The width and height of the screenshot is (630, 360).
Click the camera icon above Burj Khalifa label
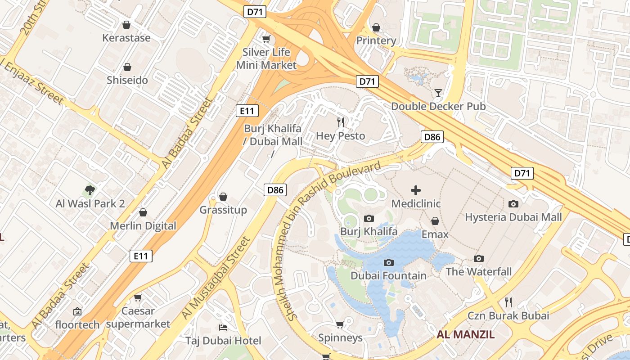click(x=369, y=219)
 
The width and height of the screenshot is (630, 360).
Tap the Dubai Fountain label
click(x=388, y=275)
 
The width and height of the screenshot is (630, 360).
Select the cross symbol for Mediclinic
click(x=416, y=190)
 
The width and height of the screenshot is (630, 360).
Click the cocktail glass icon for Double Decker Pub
click(x=438, y=93)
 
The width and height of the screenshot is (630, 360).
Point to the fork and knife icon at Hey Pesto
click(x=341, y=122)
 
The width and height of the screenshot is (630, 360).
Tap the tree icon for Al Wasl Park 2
click(x=90, y=190)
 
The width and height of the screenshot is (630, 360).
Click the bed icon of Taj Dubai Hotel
click(x=223, y=327)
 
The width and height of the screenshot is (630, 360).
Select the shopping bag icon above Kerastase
click(x=126, y=25)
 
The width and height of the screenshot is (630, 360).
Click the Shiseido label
click(x=127, y=81)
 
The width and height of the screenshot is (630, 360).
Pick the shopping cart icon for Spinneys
click(x=340, y=324)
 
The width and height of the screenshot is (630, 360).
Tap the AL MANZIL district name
click(x=465, y=334)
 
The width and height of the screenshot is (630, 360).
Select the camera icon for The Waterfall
click(x=479, y=259)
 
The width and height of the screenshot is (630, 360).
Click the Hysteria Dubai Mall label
click(x=513, y=217)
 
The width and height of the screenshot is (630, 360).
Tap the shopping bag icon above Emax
click(x=435, y=221)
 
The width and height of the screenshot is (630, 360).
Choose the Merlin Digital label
click(x=143, y=226)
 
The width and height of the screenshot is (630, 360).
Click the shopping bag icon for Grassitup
click(x=223, y=197)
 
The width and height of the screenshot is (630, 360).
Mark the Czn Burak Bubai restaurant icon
click(x=508, y=302)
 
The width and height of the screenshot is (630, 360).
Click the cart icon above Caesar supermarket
click(x=138, y=297)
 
